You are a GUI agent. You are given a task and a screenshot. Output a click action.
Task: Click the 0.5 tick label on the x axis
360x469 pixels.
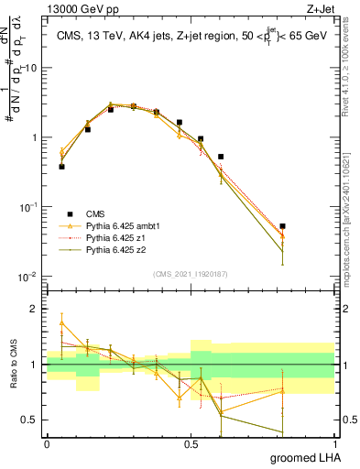(x=191, y=443)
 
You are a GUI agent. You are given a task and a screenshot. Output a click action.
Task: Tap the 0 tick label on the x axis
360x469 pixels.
(x=47, y=443)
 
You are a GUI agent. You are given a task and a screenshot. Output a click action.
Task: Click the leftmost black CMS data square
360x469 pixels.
(x=61, y=167)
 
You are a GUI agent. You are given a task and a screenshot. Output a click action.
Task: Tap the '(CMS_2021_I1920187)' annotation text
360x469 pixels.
(x=190, y=274)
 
